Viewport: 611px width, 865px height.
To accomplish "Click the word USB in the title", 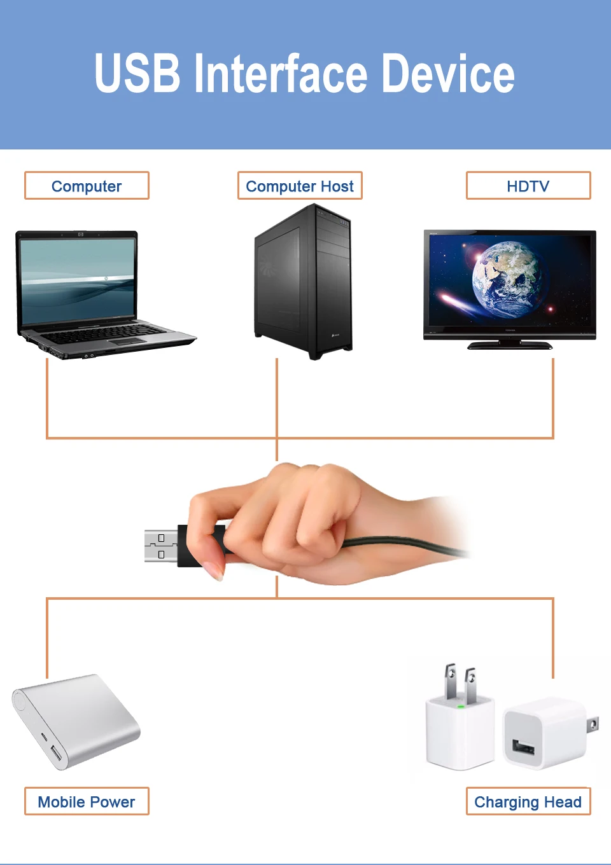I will (x=137, y=74).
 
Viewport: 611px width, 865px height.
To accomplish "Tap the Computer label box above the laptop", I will (x=87, y=186).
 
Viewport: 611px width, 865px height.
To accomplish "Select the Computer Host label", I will (x=300, y=186).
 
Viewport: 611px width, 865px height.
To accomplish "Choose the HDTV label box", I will (x=528, y=186).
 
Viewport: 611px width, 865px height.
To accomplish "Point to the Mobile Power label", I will (x=87, y=801).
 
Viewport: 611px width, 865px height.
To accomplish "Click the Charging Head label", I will (x=528, y=801).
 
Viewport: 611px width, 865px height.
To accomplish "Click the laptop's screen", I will (x=78, y=280).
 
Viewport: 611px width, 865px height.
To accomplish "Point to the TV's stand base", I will (x=510, y=346).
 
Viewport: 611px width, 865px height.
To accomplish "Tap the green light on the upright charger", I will (x=460, y=706).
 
